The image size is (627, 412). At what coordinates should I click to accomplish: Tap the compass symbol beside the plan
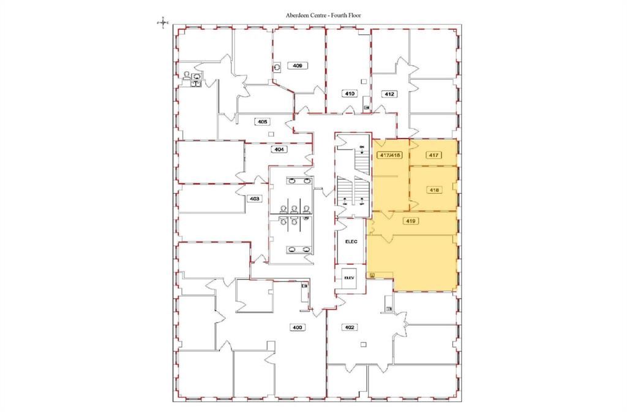tap(163, 22)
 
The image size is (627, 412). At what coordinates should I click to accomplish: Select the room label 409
tap(298, 65)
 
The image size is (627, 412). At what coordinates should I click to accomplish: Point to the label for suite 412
tap(389, 94)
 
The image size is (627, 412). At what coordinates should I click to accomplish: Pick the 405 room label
tap(263, 122)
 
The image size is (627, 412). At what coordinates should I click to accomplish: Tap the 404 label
tap(279, 149)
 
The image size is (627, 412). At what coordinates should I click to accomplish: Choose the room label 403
tap(254, 199)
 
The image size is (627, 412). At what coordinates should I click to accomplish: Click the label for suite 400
tap(298, 328)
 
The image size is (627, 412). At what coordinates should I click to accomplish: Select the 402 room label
tap(350, 327)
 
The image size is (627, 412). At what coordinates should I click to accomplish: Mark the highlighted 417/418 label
tap(390, 156)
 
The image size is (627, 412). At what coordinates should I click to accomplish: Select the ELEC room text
tap(351, 242)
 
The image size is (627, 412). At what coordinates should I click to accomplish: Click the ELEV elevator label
tap(349, 277)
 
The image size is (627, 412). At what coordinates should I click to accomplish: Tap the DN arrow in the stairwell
tap(362, 151)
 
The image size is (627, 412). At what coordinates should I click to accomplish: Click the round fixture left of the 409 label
tap(277, 66)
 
